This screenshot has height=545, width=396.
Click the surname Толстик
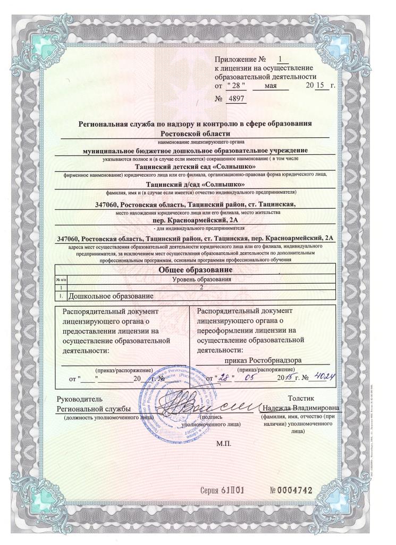(301, 398)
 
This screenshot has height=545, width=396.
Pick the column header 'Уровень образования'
(204, 279)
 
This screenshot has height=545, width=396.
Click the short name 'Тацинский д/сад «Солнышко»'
(198, 184)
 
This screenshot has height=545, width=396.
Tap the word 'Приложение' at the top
(237, 60)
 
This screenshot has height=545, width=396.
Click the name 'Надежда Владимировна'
(301, 408)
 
